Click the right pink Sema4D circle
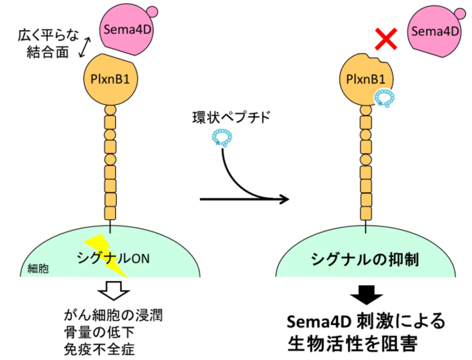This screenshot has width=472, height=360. tap(434, 31)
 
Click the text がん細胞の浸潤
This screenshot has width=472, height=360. tap(114, 316)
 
